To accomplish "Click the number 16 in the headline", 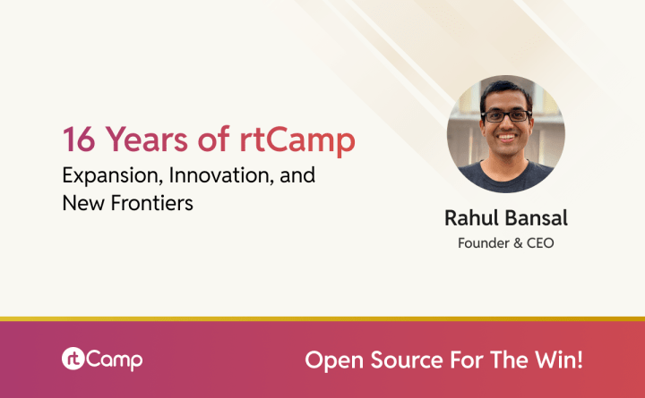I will click(x=78, y=140).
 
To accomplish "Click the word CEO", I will click(x=539, y=242).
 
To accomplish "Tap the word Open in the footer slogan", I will click(x=331, y=360).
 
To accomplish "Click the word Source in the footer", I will click(x=400, y=360).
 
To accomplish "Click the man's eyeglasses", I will click(x=506, y=115).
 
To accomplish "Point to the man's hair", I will click(x=507, y=89).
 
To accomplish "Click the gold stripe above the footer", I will click(x=322, y=318).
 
